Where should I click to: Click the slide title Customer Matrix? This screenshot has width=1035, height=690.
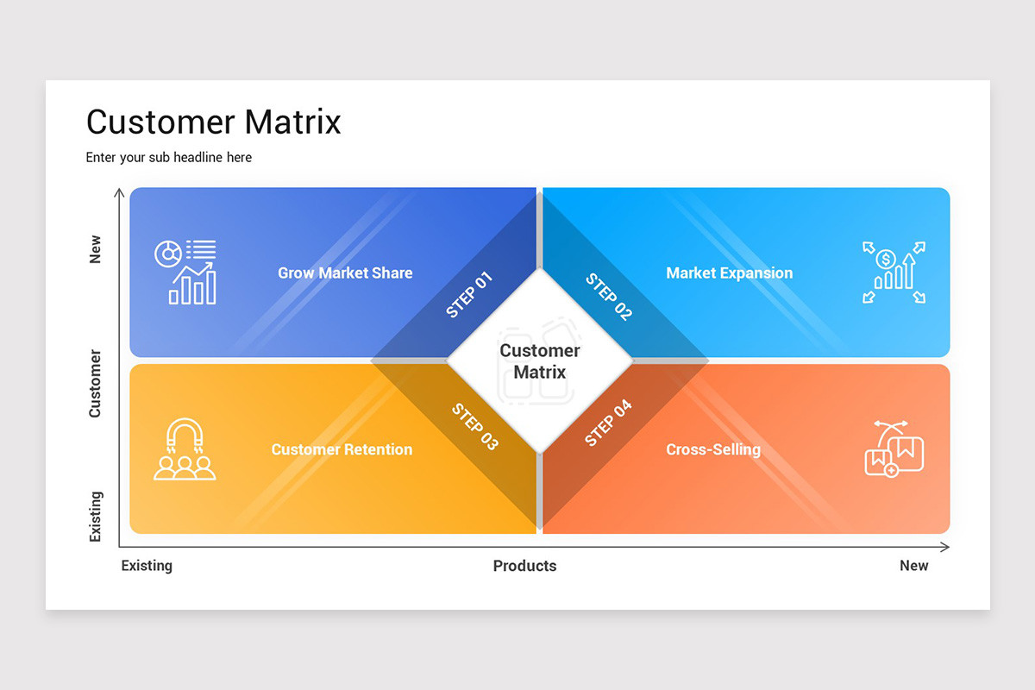[214, 122]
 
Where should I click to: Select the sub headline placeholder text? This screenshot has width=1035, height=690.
[169, 158]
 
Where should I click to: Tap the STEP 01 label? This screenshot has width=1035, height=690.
[469, 295]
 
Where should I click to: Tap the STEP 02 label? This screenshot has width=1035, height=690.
[609, 297]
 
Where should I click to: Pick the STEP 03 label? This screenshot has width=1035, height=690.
[475, 426]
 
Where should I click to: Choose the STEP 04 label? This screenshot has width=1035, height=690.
[608, 423]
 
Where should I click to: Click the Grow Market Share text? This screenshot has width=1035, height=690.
[345, 273]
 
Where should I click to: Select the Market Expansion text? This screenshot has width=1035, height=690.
[729, 273]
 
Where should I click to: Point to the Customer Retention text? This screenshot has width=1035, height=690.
[342, 449]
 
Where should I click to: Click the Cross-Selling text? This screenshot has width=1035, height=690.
[713, 449]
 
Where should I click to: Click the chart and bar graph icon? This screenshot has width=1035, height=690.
[185, 272]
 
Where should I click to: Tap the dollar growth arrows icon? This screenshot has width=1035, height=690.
[894, 272]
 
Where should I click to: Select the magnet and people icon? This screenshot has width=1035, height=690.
[185, 448]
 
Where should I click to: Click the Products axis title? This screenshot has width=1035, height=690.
[524, 566]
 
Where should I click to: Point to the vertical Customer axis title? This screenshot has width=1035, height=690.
[95, 384]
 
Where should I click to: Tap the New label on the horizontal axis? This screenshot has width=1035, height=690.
[913, 566]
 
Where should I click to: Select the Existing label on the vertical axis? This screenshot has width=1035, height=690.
[95, 517]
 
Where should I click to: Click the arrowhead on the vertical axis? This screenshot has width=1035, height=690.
[119, 193]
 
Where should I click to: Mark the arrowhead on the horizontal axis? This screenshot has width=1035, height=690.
[945, 547]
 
